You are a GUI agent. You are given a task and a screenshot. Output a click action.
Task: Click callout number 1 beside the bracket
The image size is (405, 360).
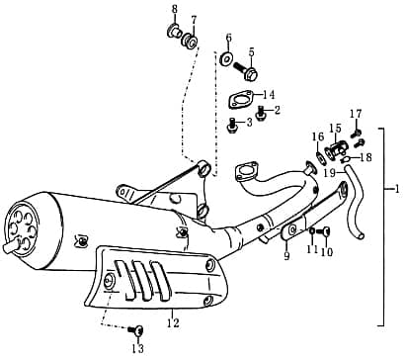[396, 188]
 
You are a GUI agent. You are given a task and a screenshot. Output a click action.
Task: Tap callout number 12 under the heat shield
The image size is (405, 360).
[173, 322]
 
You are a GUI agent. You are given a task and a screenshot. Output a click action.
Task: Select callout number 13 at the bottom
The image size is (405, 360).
[137, 348]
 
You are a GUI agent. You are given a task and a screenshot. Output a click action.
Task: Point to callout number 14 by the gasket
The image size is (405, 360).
[269, 95]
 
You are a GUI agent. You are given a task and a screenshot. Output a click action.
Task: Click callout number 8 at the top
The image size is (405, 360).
[174, 11]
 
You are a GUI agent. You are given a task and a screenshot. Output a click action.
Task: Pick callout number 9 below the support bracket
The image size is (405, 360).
[286, 256]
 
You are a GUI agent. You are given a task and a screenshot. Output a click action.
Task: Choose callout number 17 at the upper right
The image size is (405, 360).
[356, 114]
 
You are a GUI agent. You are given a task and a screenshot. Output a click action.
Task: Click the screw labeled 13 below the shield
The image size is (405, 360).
[137, 329]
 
